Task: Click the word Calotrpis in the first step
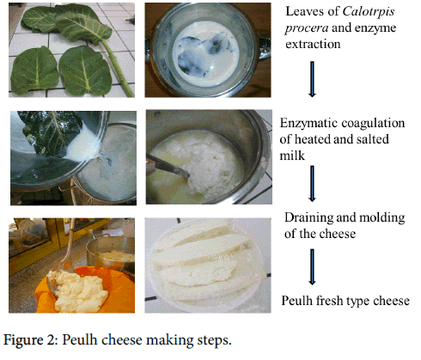click(369, 12)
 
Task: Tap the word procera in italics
click(307, 28)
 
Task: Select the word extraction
click(313, 44)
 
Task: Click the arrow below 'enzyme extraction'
click(312, 79)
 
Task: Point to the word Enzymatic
click(309, 123)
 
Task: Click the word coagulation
click(374, 124)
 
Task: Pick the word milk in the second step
click(292, 156)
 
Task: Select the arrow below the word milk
click(312, 184)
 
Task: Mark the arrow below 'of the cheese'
click(312, 267)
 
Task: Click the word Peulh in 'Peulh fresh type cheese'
click(296, 301)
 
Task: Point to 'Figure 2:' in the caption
click(31, 340)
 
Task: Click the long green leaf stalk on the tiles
click(117, 68)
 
